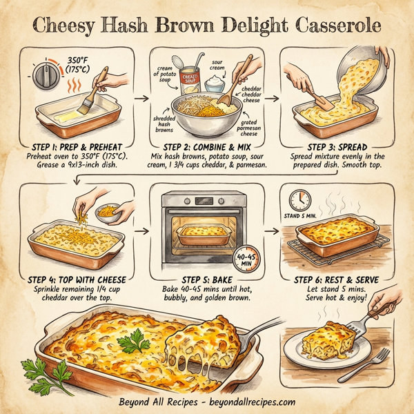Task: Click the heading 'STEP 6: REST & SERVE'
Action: (341, 279)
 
